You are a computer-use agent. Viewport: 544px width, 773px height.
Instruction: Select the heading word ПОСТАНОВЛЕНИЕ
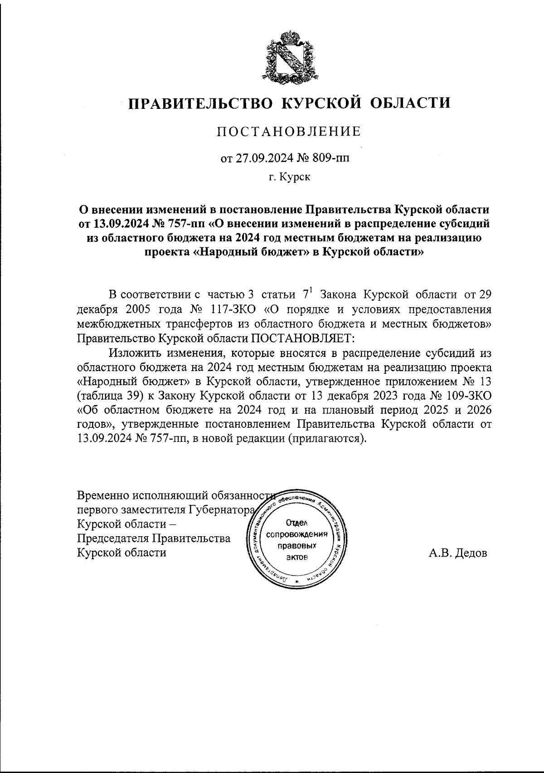click(289, 132)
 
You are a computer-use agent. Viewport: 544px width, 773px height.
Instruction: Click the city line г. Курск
click(289, 178)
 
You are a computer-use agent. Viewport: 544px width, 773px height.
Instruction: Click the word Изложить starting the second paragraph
click(134, 352)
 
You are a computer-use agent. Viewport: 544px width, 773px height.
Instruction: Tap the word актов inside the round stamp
click(297, 557)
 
